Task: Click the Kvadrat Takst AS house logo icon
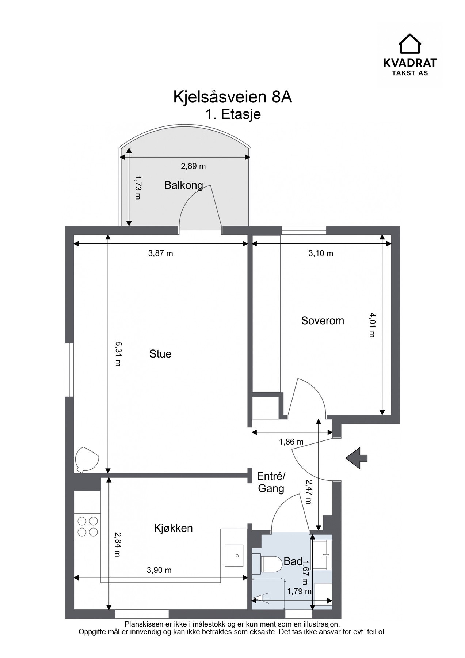(409, 44)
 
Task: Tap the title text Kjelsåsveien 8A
(233, 97)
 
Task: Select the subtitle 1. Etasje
(233, 114)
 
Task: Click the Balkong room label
(183, 185)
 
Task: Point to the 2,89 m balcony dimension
(193, 166)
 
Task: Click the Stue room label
(160, 354)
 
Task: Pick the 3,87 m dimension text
(160, 253)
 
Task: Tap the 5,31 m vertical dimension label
(118, 354)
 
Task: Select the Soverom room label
(323, 321)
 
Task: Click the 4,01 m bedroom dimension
(372, 325)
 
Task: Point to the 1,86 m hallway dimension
(291, 442)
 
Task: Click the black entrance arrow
(356, 458)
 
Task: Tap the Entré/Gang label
(271, 483)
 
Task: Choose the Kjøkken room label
(173, 528)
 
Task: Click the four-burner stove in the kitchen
(87, 526)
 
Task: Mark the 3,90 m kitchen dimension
(159, 570)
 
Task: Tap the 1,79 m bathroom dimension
(299, 591)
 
